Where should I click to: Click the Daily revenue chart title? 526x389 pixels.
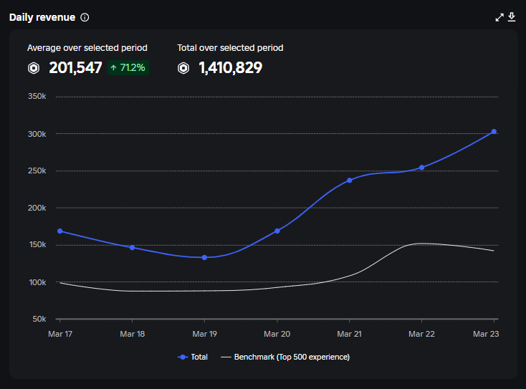(x=42, y=17)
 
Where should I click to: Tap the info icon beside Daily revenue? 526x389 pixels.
(x=85, y=17)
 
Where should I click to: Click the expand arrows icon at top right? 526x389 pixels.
(x=499, y=17)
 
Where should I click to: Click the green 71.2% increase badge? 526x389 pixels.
(x=128, y=68)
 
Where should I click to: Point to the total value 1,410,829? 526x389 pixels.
(x=230, y=68)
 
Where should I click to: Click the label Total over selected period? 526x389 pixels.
(x=230, y=48)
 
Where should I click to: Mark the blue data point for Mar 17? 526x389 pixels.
(x=59, y=231)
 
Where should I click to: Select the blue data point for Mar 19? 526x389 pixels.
(x=204, y=257)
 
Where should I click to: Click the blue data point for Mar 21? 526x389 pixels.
(x=350, y=180)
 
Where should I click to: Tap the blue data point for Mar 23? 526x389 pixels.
(x=494, y=132)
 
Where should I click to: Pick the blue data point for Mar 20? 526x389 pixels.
(x=277, y=231)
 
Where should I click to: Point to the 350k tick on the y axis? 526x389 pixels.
(x=37, y=97)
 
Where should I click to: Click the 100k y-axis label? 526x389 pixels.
(x=37, y=282)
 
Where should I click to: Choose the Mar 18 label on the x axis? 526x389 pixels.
(x=132, y=334)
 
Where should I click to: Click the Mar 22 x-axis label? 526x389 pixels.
(x=421, y=334)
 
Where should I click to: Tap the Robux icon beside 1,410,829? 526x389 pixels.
(x=184, y=68)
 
